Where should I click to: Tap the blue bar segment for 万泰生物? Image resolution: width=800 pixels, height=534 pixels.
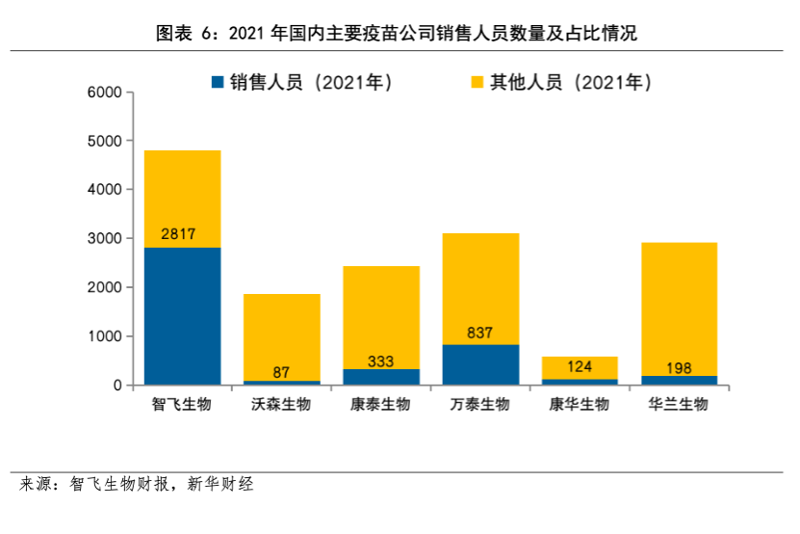click(479, 364)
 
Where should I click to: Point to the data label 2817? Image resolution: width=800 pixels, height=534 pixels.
click(182, 234)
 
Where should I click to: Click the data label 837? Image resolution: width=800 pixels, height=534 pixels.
click(479, 333)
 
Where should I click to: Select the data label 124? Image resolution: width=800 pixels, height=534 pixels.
click(580, 366)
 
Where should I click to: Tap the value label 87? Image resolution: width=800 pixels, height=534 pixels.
click(281, 371)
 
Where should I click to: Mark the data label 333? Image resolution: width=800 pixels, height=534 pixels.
click(380, 361)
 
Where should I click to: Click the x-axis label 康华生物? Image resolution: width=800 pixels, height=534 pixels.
click(580, 405)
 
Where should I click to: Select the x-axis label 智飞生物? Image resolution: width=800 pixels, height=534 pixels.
click(182, 405)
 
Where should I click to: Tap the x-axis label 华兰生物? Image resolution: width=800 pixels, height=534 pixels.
click(679, 405)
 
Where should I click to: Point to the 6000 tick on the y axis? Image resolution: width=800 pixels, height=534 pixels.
click(103, 93)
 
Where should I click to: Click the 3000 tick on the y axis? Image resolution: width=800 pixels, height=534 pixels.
click(103, 238)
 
